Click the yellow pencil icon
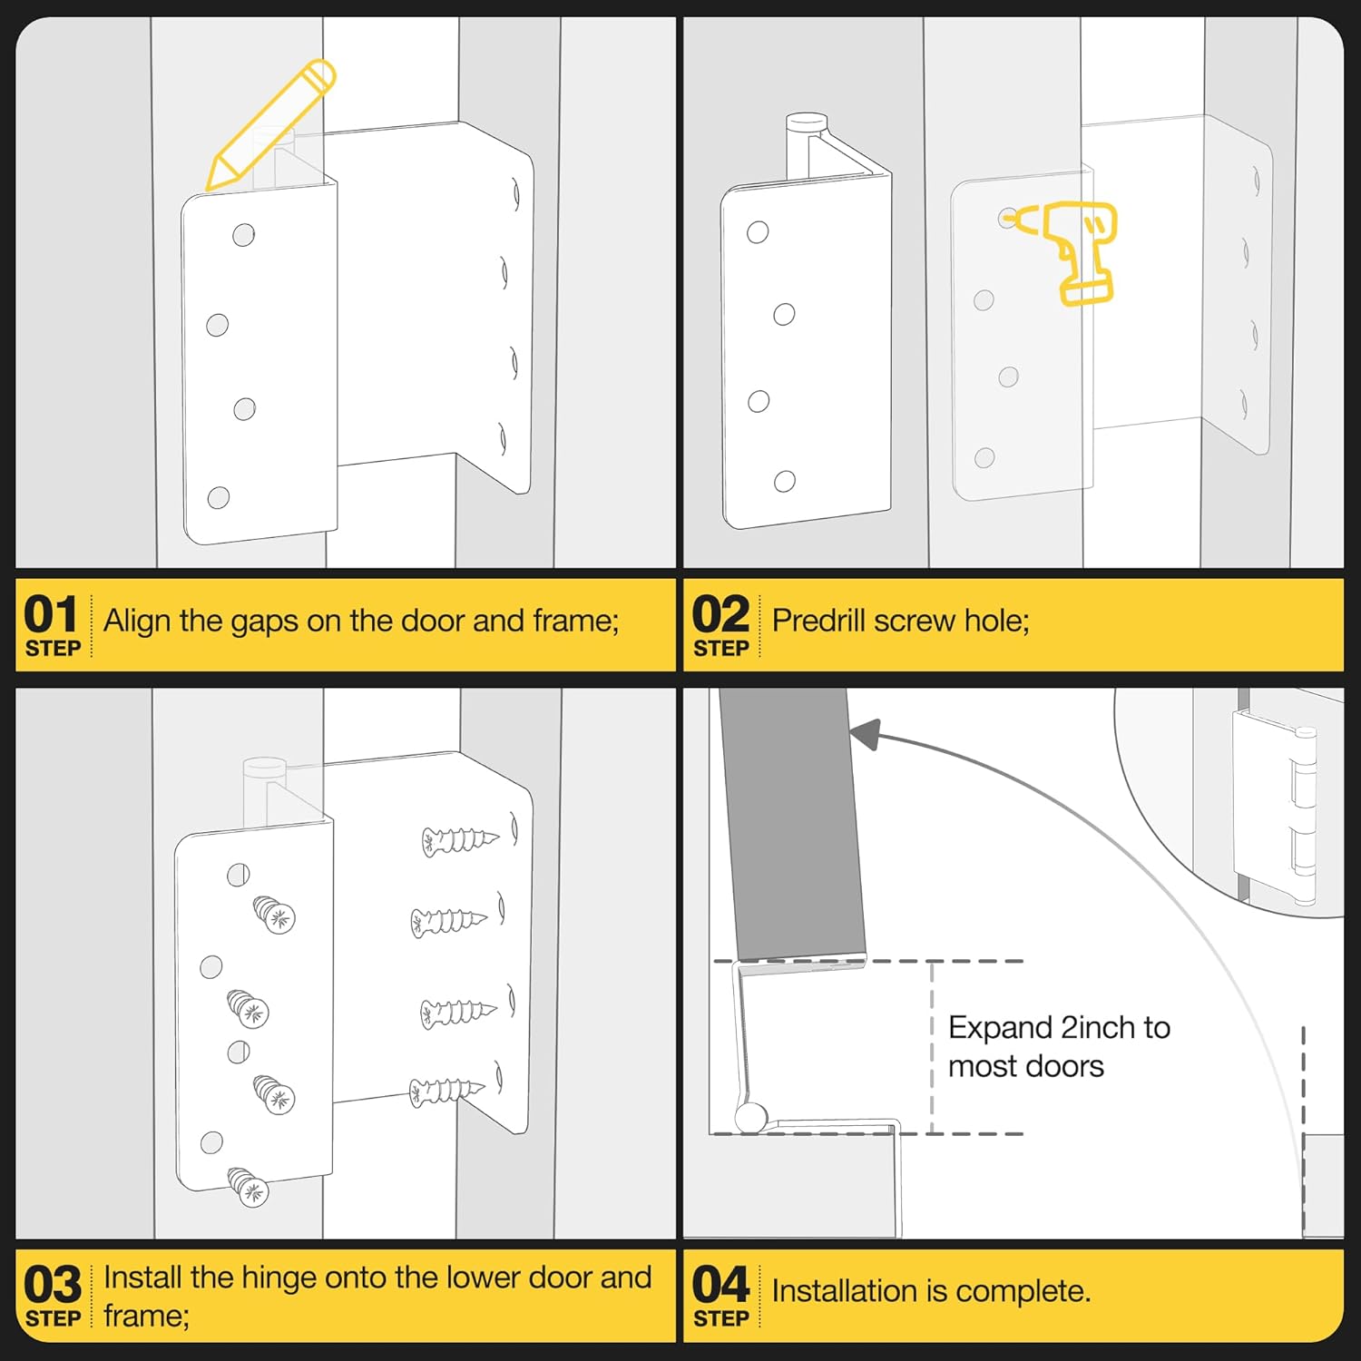coord(269,125)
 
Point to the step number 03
coord(53,1285)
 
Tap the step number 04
coord(720,1285)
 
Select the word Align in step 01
coord(137,622)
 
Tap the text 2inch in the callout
coord(1098,1027)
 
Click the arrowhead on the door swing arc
coord(866,734)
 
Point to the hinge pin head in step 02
coord(806,122)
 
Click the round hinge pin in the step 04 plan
coord(749,1117)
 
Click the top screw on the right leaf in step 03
coord(458,840)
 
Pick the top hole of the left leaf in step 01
coord(243,235)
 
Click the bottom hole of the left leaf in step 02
coord(785,481)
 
